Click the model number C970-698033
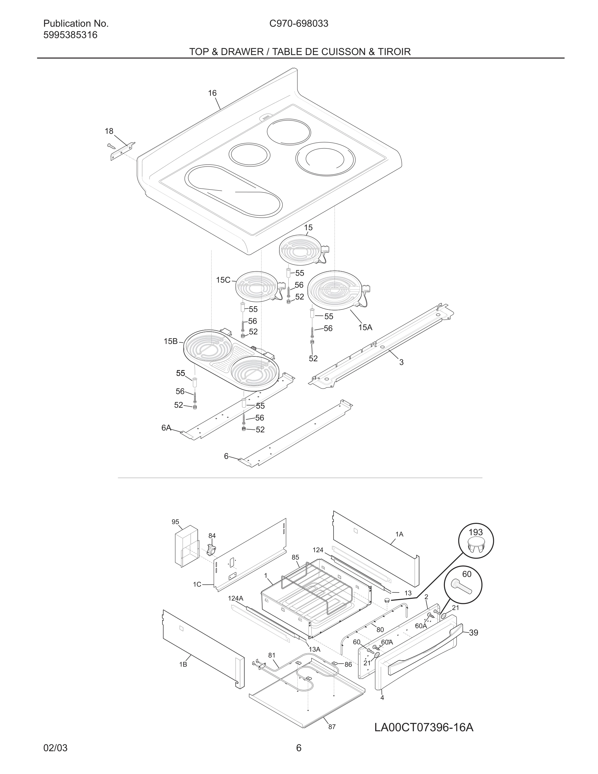(x=299, y=23)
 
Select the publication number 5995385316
(x=70, y=35)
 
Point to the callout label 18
(x=109, y=131)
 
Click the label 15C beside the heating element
(x=223, y=280)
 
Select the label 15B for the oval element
(x=170, y=341)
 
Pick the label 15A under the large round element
(x=365, y=327)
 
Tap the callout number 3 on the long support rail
(x=401, y=362)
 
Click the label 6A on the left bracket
(x=166, y=428)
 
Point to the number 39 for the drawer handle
(x=474, y=633)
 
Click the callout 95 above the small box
(x=175, y=522)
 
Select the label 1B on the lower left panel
(x=183, y=665)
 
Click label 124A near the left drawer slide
(x=235, y=598)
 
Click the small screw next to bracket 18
(x=110, y=145)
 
